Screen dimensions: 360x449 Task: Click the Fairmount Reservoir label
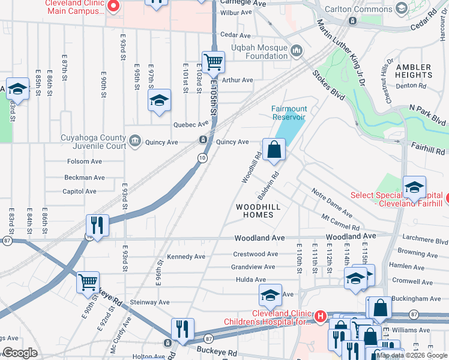click(289, 113)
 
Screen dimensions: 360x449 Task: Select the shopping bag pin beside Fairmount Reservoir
click(274, 150)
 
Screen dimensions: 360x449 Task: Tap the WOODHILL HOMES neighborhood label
click(258, 211)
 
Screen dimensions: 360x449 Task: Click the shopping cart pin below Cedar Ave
click(213, 62)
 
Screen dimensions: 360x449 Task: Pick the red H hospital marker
click(321, 316)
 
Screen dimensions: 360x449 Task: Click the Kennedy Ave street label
click(185, 256)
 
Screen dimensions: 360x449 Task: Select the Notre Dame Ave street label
click(331, 201)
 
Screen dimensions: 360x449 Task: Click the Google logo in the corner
click(20, 353)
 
